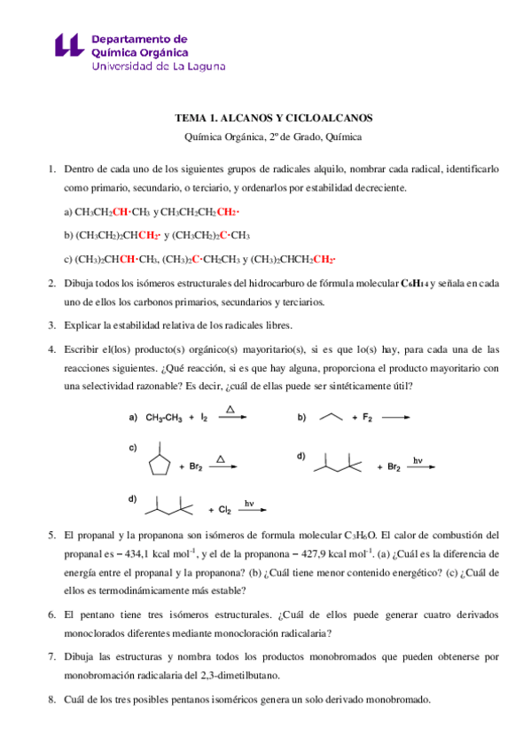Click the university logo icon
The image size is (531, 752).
(70, 51)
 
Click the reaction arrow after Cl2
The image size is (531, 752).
(253, 511)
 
